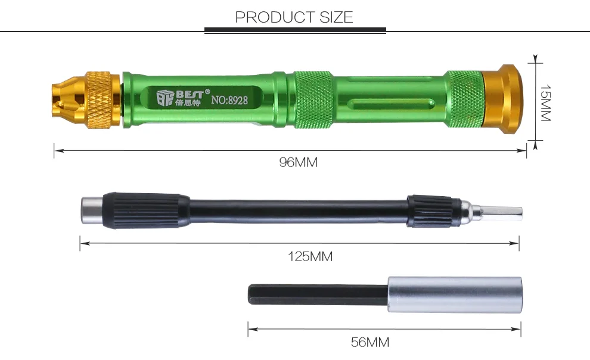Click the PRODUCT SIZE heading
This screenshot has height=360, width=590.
294,17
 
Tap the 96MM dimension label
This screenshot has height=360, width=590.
299,162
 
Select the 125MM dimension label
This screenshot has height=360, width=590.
310,256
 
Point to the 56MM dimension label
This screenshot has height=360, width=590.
370,342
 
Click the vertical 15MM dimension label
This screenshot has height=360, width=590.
545,103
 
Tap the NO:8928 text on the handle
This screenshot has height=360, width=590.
229,100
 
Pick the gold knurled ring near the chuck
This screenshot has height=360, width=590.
101,100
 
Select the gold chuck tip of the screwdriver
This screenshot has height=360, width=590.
69,100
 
